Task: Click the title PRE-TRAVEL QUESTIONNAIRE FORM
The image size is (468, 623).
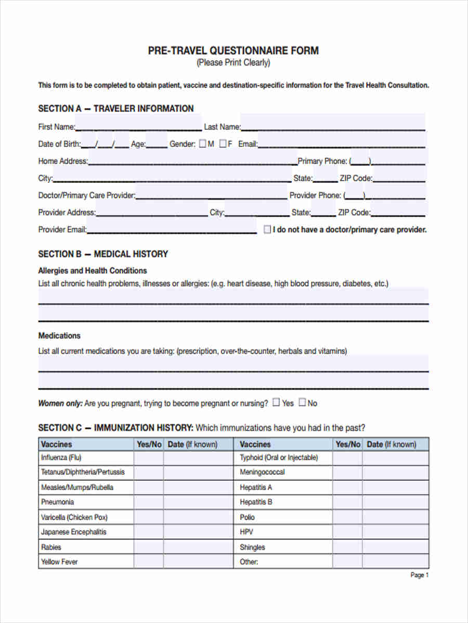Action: (233, 50)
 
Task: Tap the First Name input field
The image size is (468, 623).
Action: (138, 126)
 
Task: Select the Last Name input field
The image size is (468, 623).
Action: (333, 126)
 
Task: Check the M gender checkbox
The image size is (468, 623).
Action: (202, 144)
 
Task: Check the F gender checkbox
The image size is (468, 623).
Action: (223, 144)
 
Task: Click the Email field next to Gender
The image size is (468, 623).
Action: (342, 144)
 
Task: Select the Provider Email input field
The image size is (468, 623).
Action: (172, 229)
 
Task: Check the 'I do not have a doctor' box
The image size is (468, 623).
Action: (267, 229)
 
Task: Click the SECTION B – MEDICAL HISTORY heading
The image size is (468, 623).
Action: (103, 254)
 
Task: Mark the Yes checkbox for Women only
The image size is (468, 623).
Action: (277, 402)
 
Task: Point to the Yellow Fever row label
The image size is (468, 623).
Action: (59, 562)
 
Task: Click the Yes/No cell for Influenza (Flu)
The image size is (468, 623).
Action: (149, 458)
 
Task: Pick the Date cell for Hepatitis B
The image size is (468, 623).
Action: (395, 502)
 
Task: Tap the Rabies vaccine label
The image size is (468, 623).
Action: (51, 547)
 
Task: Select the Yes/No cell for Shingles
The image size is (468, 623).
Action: (347, 547)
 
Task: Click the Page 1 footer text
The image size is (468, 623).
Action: (420, 575)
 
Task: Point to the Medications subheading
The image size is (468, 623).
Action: (59, 335)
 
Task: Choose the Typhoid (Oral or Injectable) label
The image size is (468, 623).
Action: (279, 458)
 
